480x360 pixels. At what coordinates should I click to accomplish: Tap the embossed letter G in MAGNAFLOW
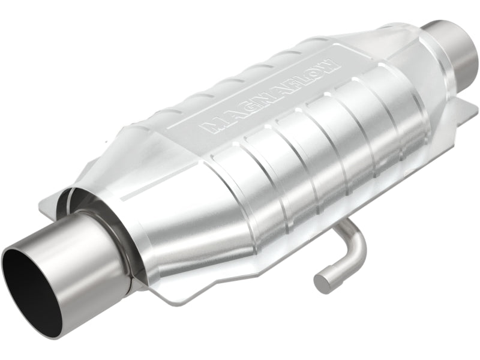tap(250, 106)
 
